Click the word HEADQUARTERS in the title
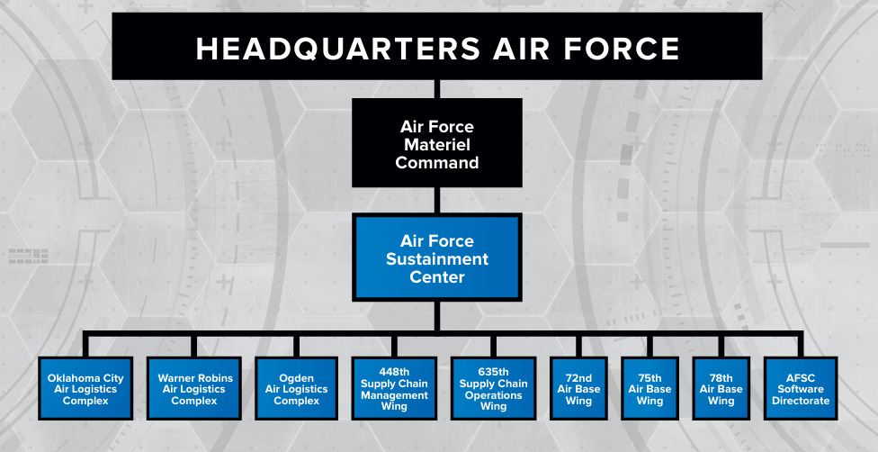tap(338, 48)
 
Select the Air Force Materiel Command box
tap(437, 143)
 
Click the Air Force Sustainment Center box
tap(437, 258)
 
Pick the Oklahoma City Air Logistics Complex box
tap(85, 389)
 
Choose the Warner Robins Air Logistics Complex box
tap(194, 389)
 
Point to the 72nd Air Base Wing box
tap(578, 389)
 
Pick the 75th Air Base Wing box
tap(650, 389)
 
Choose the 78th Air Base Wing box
tap(721, 389)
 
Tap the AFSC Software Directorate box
tap(801, 389)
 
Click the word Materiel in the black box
tap(437, 144)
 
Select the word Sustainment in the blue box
tap(437, 258)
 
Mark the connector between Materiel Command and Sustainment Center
tap(437, 200)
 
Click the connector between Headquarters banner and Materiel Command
tap(437, 88)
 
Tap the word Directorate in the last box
tap(801, 401)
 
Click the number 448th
tap(394, 372)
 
